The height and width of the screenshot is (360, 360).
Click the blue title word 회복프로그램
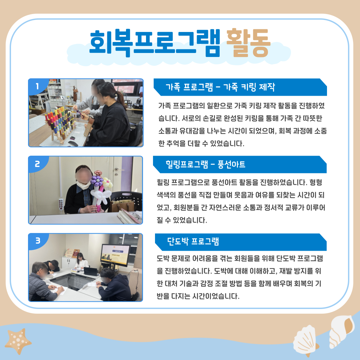click(x=155, y=43)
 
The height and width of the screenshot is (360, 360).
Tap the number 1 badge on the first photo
click(x=37, y=86)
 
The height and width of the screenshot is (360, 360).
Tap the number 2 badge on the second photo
click(x=37, y=164)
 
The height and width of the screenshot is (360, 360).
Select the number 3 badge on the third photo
click(x=38, y=241)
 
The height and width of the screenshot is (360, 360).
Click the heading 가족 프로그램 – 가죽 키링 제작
click(x=220, y=87)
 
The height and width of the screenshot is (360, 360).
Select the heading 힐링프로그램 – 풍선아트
click(x=205, y=164)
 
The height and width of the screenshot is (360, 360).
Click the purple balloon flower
click(x=97, y=181)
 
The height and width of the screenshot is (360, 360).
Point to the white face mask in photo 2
click(x=84, y=184)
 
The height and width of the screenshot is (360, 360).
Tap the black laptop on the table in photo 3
click(x=90, y=271)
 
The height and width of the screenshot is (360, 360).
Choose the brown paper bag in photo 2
click(x=122, y=205)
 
